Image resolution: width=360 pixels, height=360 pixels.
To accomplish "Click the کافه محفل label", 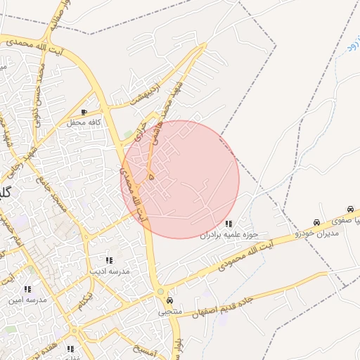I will (x=84, y=122).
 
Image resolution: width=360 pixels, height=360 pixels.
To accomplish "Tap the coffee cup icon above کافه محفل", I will (x=84, y=112).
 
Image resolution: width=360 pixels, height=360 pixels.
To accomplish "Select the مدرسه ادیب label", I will (x=107, y=270).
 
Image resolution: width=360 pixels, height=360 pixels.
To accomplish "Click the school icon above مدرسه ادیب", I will (x=108, y=260).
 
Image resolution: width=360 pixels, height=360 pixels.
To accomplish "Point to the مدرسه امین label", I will (x=27, y=300).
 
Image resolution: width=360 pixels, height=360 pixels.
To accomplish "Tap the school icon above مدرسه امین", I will (x=27, y=289).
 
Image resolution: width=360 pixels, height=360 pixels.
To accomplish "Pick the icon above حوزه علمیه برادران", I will (x=229, y=224).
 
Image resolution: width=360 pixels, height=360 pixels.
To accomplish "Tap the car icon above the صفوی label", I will (x=350, y=209).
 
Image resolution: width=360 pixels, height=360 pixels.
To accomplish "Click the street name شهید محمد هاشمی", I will (x=173, y=112).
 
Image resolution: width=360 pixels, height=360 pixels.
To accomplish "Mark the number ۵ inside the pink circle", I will (x=151, y=176).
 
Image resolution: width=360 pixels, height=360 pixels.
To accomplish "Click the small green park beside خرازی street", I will (x=128, y=134).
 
